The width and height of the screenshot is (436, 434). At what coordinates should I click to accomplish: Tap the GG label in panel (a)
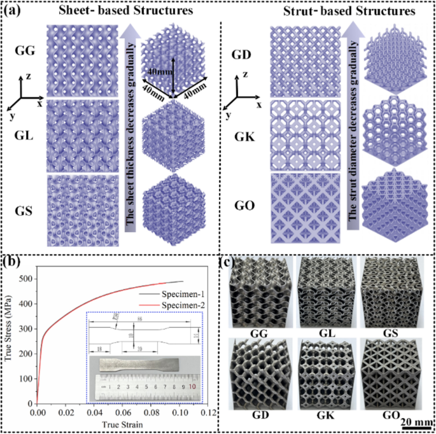point(24,49)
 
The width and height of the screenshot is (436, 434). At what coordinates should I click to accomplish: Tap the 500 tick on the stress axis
point(24,279)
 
